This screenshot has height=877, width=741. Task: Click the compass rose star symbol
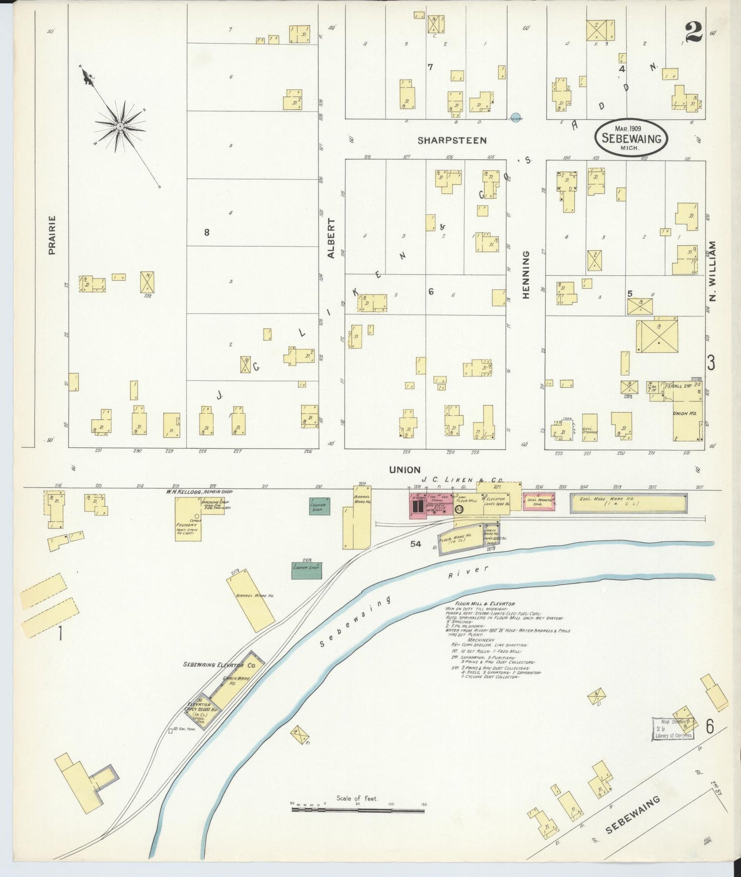click(x=120, y=126)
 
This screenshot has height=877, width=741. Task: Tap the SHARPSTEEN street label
click(x=451, y=140)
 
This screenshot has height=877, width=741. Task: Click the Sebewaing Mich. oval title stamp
click(x=631, y=137)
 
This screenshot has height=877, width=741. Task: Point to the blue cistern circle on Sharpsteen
click(x=516, y=117)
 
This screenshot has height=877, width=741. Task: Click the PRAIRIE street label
click(x=52, y=235)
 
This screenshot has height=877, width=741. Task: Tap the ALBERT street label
click(x=331, y=238)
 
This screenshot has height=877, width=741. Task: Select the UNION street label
click(x=405, y=469)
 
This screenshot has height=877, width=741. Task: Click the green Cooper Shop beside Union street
click(x=319, y=506)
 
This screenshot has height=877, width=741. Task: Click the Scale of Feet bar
click(x=357, y=810)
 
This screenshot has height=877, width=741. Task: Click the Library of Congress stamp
click(x=673, y=728)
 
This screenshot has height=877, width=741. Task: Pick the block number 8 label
click(x=207, y=232)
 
